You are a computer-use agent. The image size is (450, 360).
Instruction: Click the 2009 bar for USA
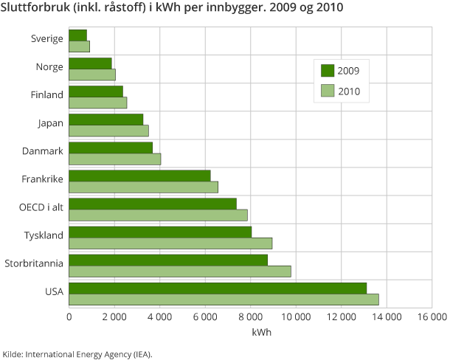point(218,288)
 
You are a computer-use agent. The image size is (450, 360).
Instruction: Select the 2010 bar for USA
point(224,299)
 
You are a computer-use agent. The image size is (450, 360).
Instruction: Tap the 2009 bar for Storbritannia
point(168,260)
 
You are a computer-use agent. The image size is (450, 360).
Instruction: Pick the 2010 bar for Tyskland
point(170,243)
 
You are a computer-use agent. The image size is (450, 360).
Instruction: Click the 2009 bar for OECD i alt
point(153,204)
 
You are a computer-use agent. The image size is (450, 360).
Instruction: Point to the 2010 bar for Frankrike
point(143,187)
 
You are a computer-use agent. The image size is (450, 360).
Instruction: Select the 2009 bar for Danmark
point(111,148)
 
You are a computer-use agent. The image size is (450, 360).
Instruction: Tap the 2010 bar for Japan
point(108,131)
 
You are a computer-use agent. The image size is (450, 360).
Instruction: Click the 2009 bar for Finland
point(96,91)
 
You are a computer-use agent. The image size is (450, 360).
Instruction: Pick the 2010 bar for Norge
point(92,75)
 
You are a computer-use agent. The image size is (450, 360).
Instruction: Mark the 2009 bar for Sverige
point(77,35)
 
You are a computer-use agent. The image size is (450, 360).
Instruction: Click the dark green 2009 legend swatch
point(328,71)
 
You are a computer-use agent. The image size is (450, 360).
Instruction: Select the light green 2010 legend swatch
point(328,91)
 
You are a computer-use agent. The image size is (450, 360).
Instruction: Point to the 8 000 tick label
point(250,317)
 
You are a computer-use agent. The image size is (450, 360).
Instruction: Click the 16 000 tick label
point(432,317)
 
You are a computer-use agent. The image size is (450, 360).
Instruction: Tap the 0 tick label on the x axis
point(69,317)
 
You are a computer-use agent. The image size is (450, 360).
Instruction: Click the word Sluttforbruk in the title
point(32,10)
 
